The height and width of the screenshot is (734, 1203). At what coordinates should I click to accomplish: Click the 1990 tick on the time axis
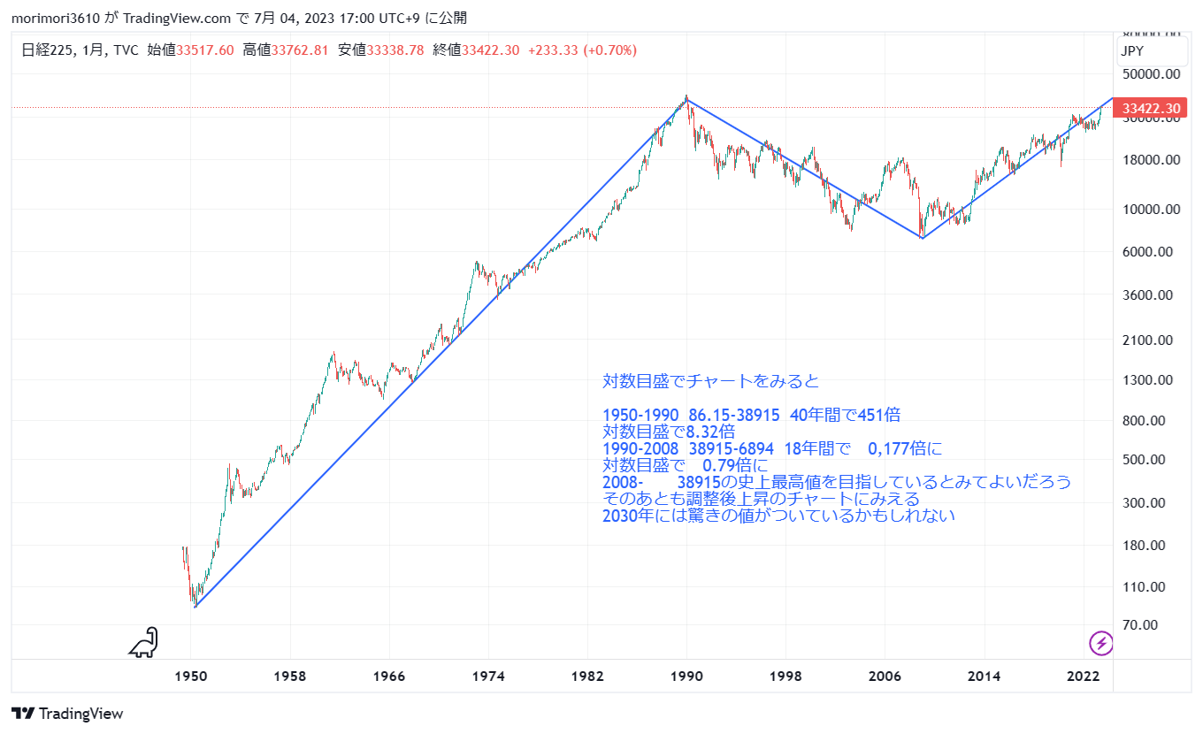tap(686, 677)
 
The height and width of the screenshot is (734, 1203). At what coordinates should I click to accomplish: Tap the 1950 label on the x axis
tap(191, 677)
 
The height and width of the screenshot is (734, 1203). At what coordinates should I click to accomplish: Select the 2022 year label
tap(1083, 677)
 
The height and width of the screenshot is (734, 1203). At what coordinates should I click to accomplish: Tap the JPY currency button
tap(1132, 51)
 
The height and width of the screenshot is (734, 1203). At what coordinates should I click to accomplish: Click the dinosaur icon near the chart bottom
tap(144, 643)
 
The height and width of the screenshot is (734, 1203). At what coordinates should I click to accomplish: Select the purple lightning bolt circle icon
tap(1101, 643)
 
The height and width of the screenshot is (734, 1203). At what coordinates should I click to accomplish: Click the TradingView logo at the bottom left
tap(67, 714)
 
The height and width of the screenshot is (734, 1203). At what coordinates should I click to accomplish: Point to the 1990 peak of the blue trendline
tap(686, 97)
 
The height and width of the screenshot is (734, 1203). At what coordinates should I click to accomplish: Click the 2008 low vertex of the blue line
tap(923, 238)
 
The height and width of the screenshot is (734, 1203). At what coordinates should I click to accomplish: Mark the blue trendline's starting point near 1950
tap(195, 607)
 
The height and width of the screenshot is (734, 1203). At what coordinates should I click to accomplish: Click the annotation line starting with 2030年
tap(778, 516)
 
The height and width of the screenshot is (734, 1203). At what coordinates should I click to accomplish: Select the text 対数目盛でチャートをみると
tap(711, 381)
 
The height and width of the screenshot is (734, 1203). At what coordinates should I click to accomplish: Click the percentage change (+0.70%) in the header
tap(609, 50)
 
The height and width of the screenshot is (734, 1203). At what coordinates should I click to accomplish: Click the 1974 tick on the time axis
tap(488, 677)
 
